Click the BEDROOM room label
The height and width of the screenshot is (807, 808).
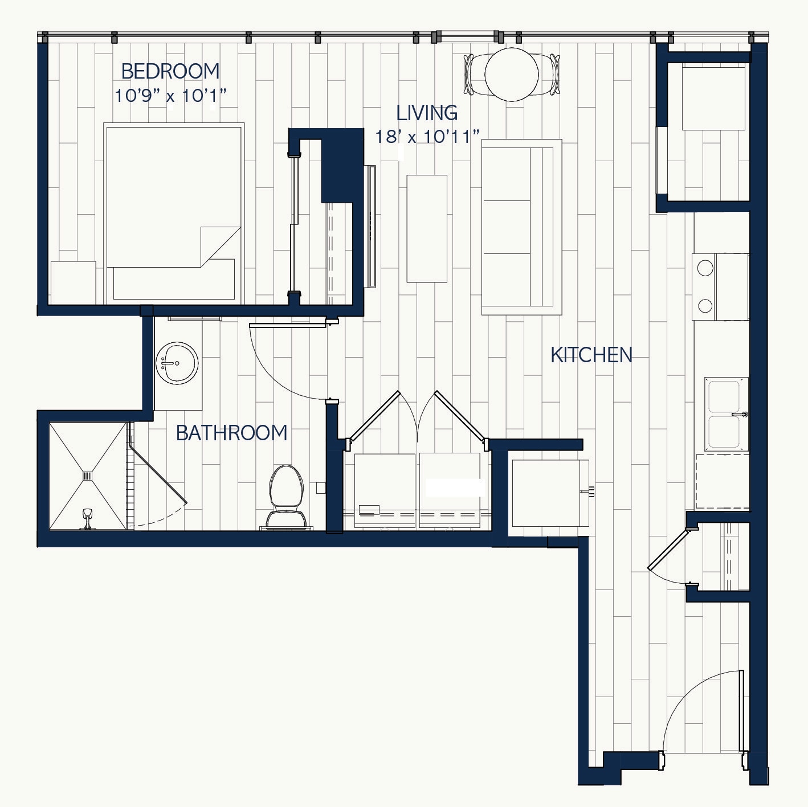click(170, 71)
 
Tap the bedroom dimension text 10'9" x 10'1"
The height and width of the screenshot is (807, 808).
click(170, 96)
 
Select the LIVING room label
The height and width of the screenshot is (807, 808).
click(427, 113)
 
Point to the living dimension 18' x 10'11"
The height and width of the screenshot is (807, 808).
click(427, 137)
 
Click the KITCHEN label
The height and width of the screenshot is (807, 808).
click(591, 355)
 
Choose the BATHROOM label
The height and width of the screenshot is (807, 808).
click(231, 433)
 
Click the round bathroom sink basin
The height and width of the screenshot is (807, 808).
click(177, 363)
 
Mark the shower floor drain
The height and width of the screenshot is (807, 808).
click(88, 476)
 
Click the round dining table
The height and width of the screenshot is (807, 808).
click(512, 74)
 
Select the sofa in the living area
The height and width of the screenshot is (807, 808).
click(521, 227)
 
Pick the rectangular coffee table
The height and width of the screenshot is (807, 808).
click(427, 228)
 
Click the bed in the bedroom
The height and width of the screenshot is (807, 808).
click(174, 212)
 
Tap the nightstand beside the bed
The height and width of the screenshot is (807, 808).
click(73, 282)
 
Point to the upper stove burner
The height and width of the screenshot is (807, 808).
click(705, 268)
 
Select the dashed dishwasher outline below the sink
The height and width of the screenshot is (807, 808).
click(722, 481)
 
